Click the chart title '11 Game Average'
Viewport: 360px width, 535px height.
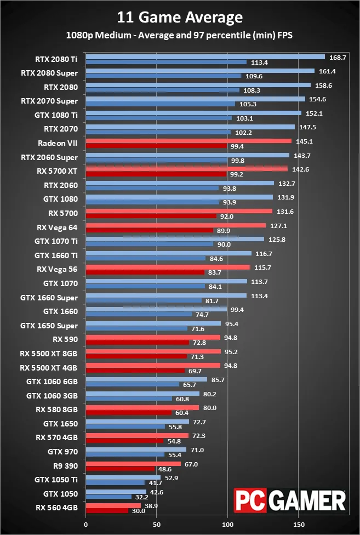tap(180, 18)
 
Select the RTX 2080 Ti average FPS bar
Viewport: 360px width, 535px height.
tap(205, 56)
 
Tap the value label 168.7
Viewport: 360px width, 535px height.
tap(338, 58)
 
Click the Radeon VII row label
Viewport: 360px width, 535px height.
tap(58, 143)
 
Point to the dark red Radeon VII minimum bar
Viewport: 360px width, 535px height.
tap(157, 146)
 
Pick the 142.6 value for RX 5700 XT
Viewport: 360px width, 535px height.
tap(300, 169)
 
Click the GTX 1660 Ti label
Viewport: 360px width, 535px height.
tap(56, 255)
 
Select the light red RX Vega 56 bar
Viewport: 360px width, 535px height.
tap(168, 267)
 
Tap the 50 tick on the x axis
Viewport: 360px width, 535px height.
tap(157, 523)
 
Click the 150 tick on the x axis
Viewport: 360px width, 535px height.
tap(298, 523)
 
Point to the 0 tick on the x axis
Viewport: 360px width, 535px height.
tap(85, 523)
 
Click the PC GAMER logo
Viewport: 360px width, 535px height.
tap(290, 501)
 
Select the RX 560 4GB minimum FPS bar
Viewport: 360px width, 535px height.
tap(107, 511)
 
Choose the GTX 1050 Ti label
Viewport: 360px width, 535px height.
tap(56, 480)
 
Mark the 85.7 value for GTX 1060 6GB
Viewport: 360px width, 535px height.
tap(218, 379)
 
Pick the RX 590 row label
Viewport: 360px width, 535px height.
tap(65, 339)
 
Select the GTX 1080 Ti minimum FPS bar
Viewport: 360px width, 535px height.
tap(159, 118)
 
